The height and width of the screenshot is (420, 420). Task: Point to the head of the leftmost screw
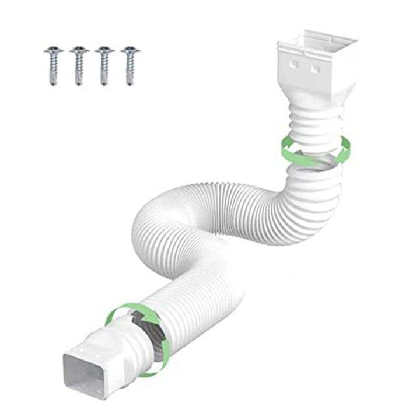53,51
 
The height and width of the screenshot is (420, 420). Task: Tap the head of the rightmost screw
131,51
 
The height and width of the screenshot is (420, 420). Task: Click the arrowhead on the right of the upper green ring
345,153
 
